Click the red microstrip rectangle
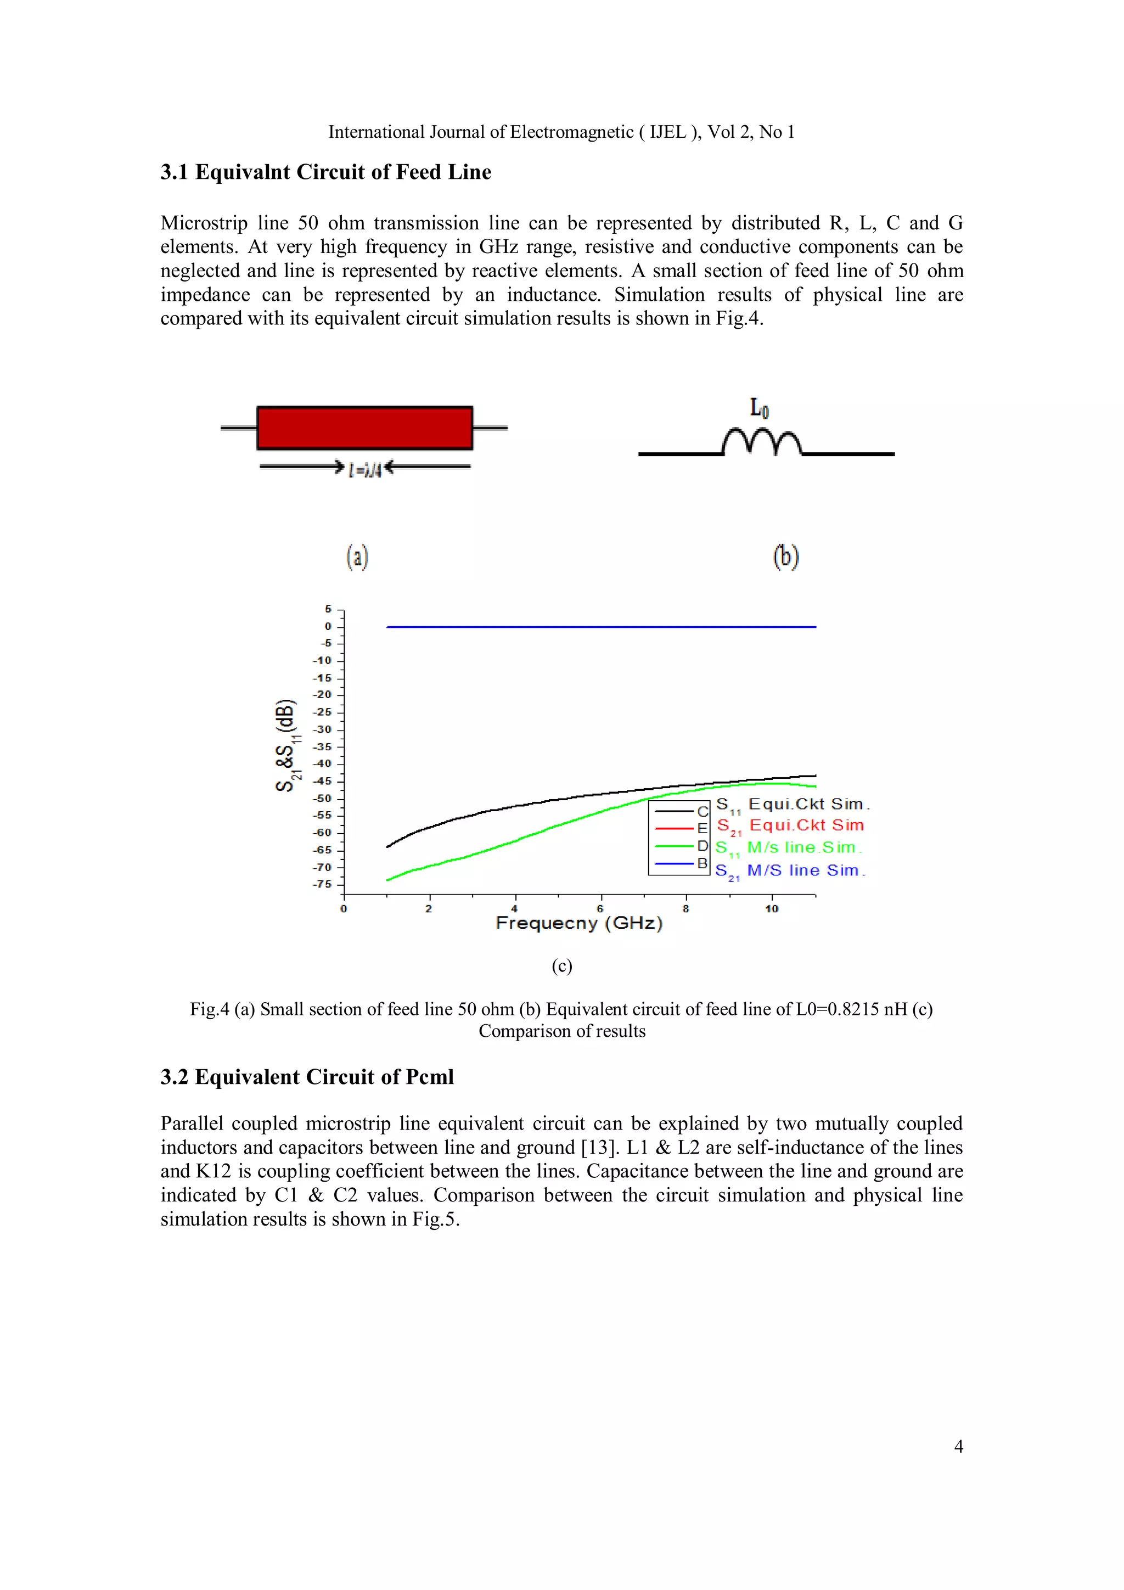pyautogui.click(x=364, y=428)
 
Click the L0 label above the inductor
pyautogui.click(x=759, y=408)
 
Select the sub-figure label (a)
pyautogui.click(x=357, y=556)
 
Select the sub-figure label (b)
pyautogui.click(x=785, y=556)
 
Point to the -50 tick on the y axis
pyautogui.click(x=323, y=799)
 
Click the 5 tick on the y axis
pyautogui.click(x=328, y=609)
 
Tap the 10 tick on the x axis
pyautogui.click(x=772, y=908)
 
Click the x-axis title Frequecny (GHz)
pyautogui.click(x=579, y=924)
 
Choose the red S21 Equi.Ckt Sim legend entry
pyautogui.click(x=790, y=825)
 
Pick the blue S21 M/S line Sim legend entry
pyautogui.click(x=790, y=870)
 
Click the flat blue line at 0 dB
pyautogui.click(x=600, y=627)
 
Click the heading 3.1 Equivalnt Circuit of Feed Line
pyautogui.click(x=325, y=172)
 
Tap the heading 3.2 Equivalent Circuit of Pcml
pyautogui.click(x=307, y=1077)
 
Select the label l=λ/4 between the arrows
pyautogui.click(x=365, y=469)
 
